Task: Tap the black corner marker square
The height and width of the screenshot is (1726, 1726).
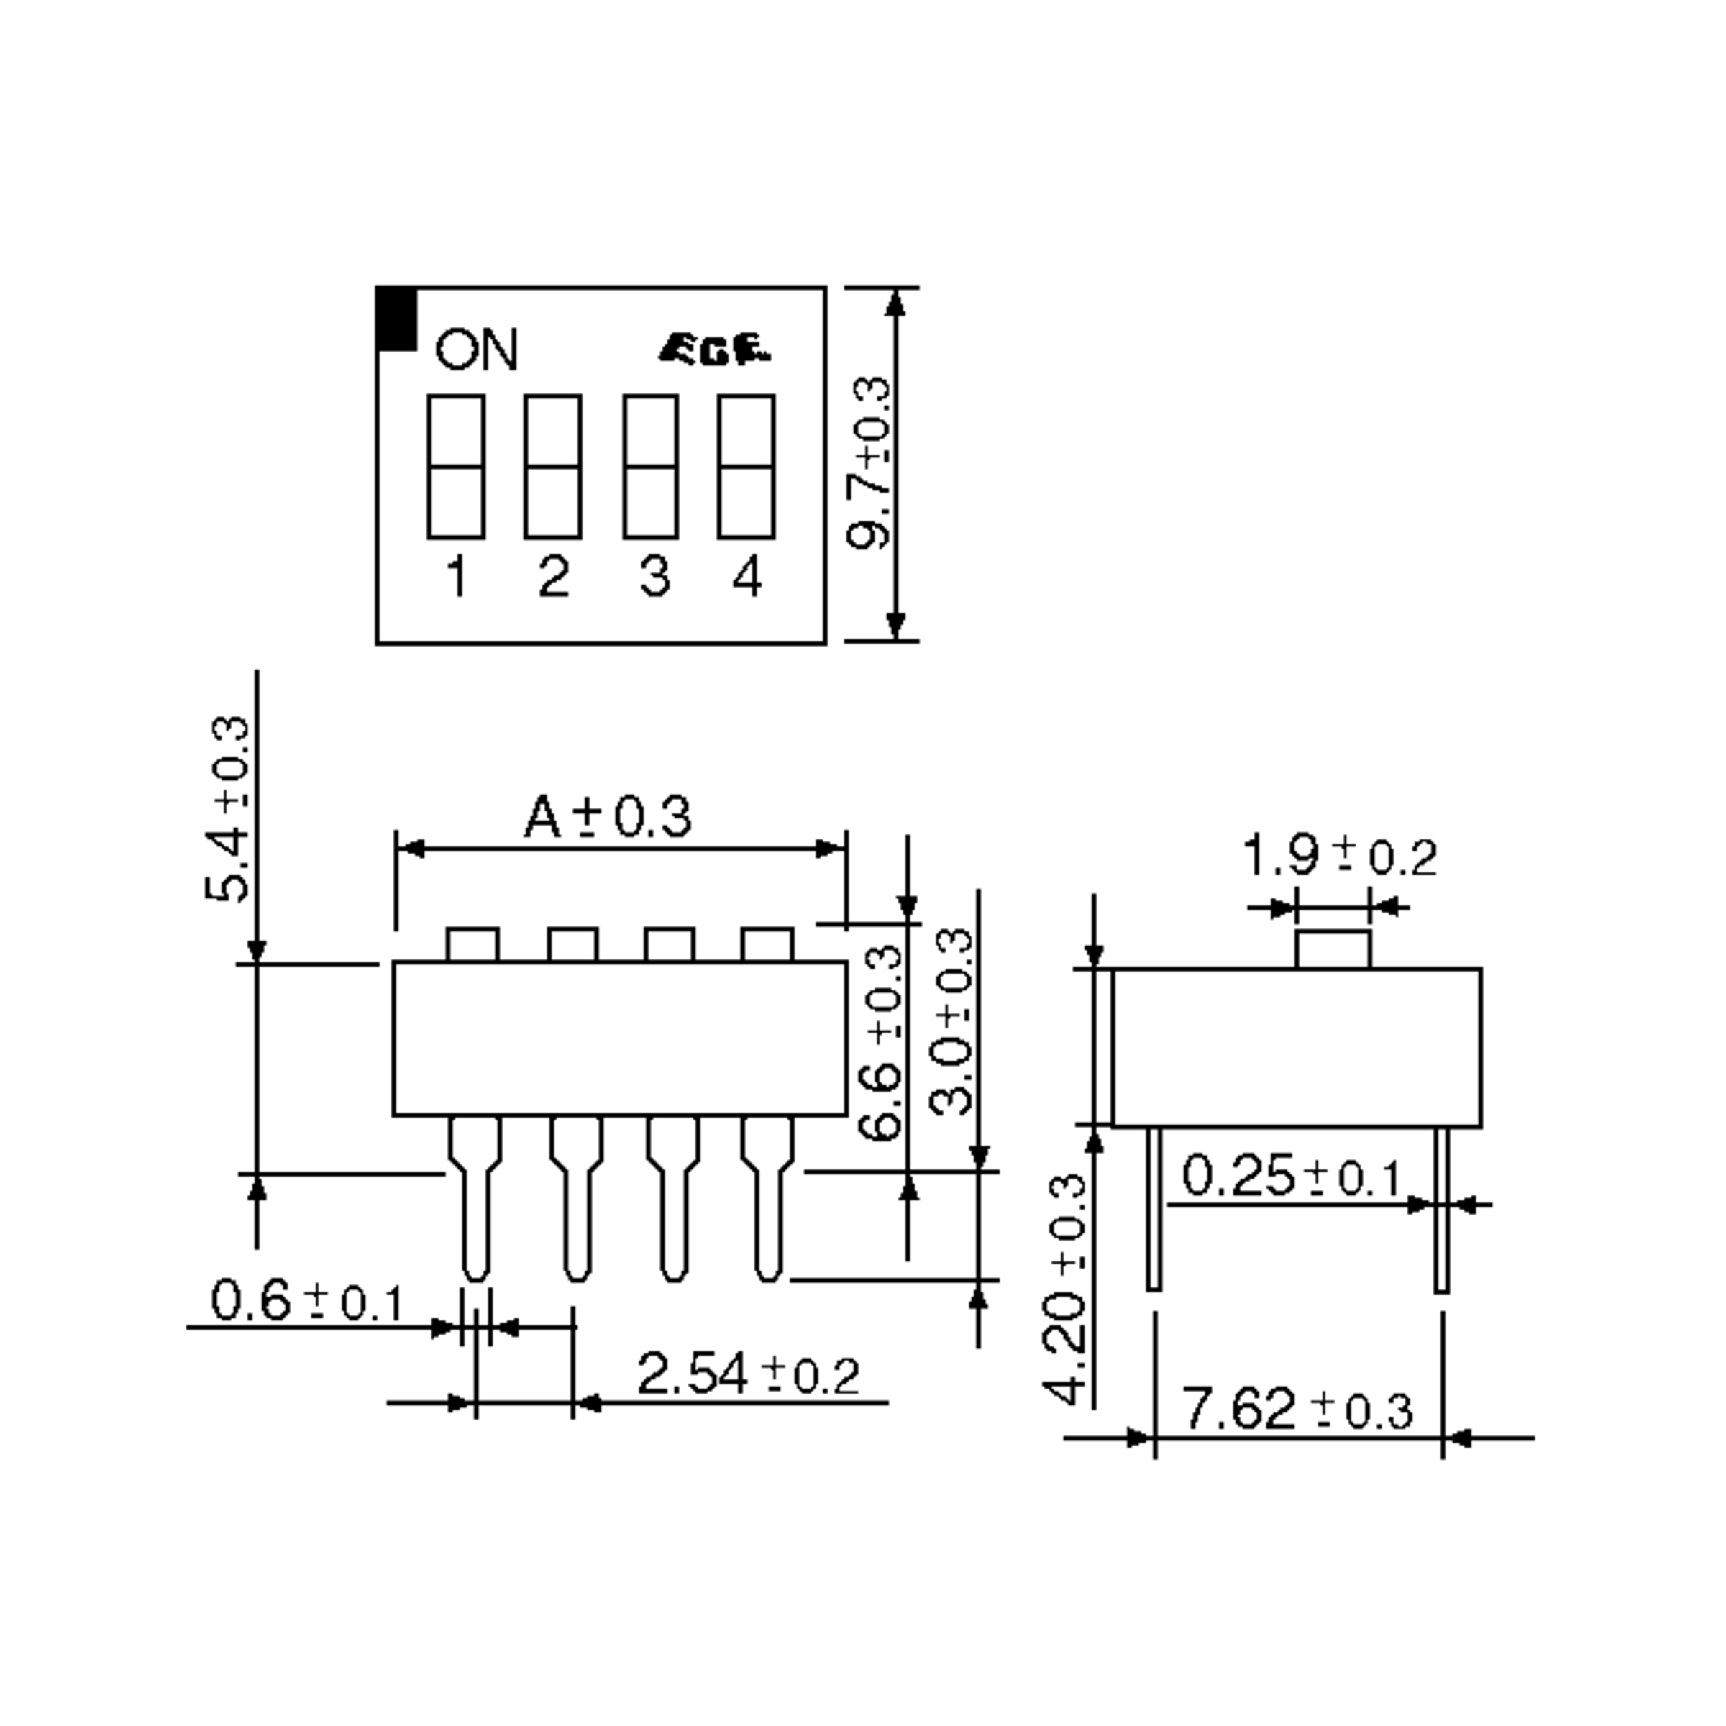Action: pos(398,319)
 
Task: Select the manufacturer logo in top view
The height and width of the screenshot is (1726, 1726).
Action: pos(714,350)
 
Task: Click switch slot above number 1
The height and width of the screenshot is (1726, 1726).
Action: pos(456,466)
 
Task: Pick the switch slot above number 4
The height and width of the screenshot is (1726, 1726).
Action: pos(746,466)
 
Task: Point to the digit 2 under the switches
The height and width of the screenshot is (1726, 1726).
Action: pos(554,577)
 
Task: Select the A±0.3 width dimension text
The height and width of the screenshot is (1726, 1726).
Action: pos(608,816)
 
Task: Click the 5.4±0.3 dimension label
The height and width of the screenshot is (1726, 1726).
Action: pos(228,808)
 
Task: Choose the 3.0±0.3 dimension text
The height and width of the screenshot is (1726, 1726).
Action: pos(951,1022)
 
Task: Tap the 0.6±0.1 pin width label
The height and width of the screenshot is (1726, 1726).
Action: pos(307,1301)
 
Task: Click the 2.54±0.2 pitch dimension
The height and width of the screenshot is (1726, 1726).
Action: pos(748,1374)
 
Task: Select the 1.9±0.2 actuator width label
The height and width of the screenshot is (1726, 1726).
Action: pos(1339,855)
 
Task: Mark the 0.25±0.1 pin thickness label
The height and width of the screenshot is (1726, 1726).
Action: pos(1292,1176)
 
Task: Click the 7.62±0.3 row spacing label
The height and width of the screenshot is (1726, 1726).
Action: pos(1297,1409)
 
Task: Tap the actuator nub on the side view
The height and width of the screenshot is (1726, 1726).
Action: pos(1333,949)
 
